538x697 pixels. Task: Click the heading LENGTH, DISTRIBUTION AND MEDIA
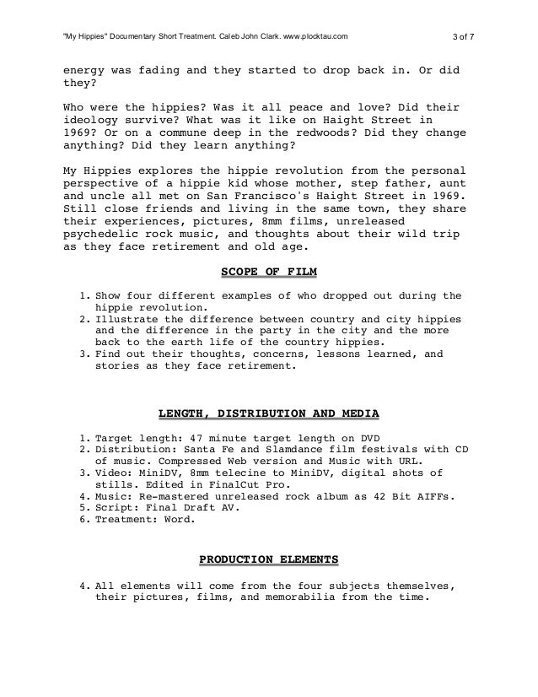[x=268, y=413]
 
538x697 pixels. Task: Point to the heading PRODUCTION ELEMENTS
[x=268, y=559]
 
